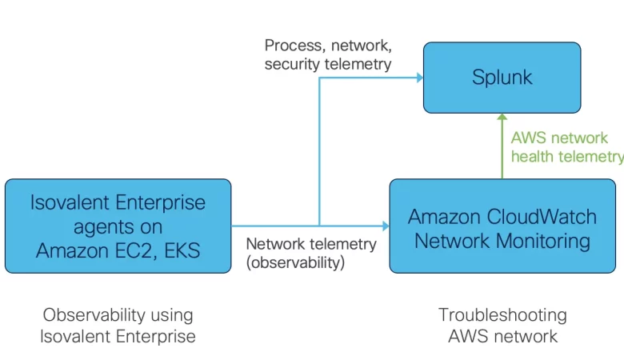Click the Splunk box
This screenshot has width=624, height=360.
[x=502, y=78]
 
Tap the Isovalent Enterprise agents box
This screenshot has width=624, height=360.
[x=118, y=226]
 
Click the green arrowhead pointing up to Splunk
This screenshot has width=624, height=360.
[x=502, y=118]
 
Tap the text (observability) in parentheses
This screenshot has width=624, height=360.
[x=295, y=262]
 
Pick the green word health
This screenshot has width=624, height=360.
[x=532, y=156]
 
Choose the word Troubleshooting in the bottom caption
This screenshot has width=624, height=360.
[x=502, y=314]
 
